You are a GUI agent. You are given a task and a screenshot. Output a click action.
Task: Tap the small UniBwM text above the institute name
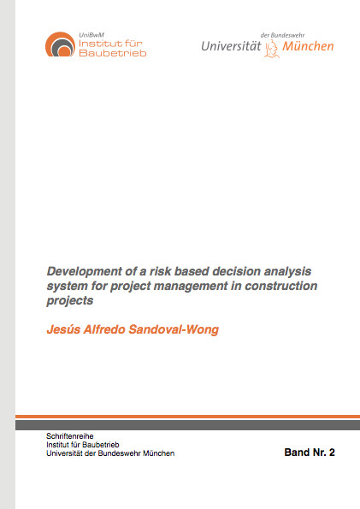pos(91,35)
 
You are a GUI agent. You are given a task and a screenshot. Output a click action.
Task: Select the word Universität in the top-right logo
pos(231,46)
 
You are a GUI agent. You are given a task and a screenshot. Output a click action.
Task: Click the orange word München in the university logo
pos(308,46)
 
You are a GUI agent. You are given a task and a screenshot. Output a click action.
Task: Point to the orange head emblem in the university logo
pos(272,49)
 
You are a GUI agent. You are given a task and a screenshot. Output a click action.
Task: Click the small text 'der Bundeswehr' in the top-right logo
pos(282,35)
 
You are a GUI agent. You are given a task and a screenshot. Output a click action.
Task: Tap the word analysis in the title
pos(287,271)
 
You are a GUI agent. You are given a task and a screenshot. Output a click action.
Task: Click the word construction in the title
pos(280,286)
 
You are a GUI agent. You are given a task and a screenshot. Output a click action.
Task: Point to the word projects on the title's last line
pos(70,301)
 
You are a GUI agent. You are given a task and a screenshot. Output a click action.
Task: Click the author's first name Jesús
pos(63,329)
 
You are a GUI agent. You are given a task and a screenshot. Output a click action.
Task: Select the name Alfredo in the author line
pos(104,329)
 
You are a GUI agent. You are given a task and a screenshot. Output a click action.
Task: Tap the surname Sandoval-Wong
pos(174,329)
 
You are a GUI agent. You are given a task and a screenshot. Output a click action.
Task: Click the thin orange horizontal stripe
pos(187,417)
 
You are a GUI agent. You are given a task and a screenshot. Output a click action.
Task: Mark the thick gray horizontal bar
pos(187,425)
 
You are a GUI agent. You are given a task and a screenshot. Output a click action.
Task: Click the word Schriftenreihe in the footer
pos(70,436)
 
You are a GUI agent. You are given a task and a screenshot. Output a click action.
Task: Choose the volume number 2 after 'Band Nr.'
pos(332,453)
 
